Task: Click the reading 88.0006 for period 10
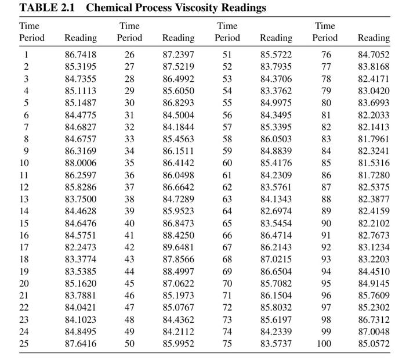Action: pyautogui.click(x=81, y=163)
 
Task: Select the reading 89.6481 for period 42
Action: pyautogui.click(x=179, y=247)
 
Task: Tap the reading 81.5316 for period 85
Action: pyautogui.click(x=374, y=163)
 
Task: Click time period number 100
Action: pyautogui.click(x=325, y=344)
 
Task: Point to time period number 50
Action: pyautogui.click(x=129, y=344)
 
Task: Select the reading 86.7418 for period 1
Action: pyautogui.click(x=81, y=55)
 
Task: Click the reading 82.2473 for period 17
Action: pyautogui.click(x=81, y=247)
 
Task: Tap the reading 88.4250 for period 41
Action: pyautogui.click(x=179, y=235)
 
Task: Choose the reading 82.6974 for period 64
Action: pyautogui.click(x=276, y=211)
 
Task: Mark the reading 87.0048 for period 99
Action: pyautogui.click(x=374, y=332)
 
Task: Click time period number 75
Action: pyautogui.click(x=227, y=344)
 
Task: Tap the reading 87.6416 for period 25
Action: pyautogui.click(x=81, y=344)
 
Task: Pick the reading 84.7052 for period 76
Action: pyautogui.click(x=374, y=55)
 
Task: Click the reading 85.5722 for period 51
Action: pyautogui.click(x=276, y=55)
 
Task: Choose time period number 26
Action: pyautogui.click(x=129, y=55)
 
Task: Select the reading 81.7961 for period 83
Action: pyautogui.click(x=374, y=139)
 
